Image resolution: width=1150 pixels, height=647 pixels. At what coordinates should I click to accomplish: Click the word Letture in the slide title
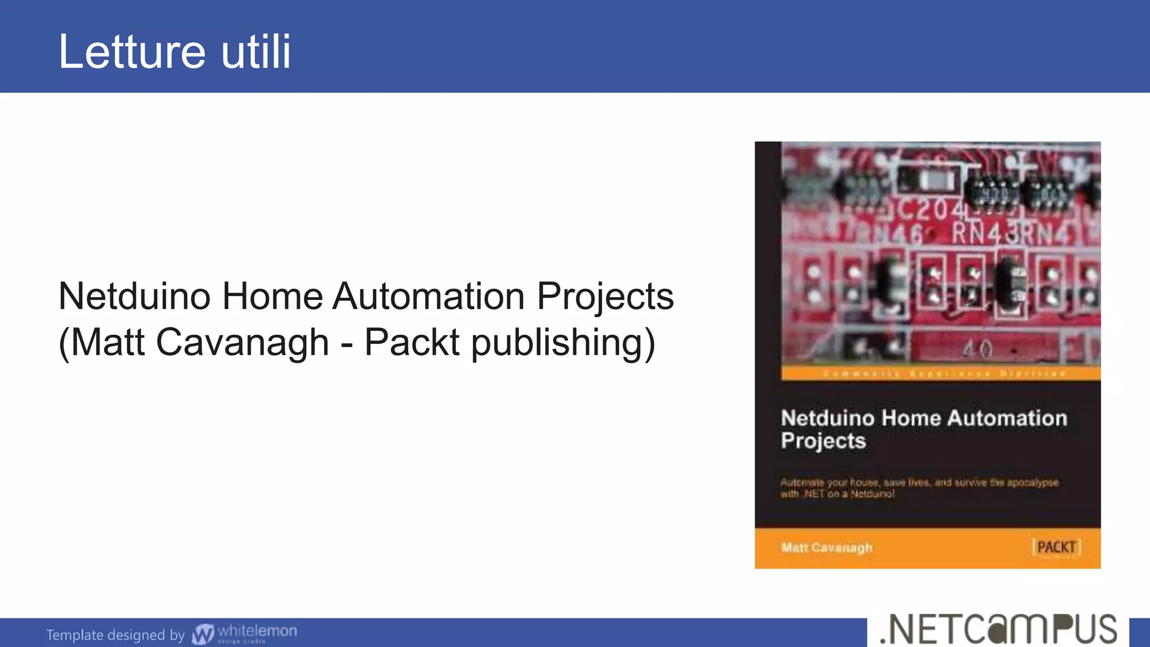[132, 52]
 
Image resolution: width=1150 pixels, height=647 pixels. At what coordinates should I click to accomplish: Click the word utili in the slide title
[256, 52]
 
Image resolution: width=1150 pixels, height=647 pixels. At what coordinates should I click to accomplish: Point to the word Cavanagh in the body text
[242, 342]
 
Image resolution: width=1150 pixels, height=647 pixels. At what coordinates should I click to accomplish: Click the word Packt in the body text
[412, 342]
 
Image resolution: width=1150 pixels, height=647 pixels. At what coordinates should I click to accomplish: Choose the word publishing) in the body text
[563, 343]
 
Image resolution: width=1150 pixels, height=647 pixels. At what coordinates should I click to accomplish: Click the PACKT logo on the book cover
[1056, 547]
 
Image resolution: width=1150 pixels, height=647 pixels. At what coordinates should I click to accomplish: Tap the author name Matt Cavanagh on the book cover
[827, 548]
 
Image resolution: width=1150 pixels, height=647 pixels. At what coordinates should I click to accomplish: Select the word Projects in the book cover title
[823, 441]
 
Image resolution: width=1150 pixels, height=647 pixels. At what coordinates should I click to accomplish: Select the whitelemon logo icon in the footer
[203, 634]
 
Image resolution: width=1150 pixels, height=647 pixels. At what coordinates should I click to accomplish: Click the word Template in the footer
[74, 635]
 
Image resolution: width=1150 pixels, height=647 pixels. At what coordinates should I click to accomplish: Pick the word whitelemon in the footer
[257, 631]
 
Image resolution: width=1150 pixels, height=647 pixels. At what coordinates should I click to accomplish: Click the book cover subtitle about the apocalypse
[919, 488]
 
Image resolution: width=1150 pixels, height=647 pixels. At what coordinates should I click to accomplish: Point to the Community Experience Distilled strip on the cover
[943, 373]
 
